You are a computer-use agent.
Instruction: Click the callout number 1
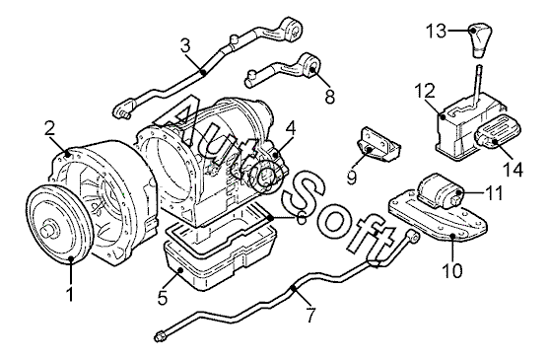pos(70,294)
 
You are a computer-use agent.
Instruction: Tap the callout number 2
pos(49,128)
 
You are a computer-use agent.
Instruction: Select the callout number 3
pos(185,45)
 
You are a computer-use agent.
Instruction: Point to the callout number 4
pos(290,128)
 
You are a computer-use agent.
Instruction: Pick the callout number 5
pos(163,297)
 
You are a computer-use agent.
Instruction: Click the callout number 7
pos(310,315)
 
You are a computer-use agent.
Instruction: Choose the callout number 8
pos(330,97)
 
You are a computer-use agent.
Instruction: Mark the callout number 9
pos(352,177)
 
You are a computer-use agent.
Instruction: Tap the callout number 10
pos(452,270)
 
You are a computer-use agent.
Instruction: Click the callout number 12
pos(425,91)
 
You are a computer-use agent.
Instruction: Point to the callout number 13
pos(437,32)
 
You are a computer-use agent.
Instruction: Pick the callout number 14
pos(513,169)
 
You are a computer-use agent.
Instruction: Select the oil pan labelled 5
pos(222,259)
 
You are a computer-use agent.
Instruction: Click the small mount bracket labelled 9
pos(378,145)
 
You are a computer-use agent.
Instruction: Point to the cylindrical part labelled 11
pos(442,191)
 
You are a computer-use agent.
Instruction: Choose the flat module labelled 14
pos(497,131)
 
